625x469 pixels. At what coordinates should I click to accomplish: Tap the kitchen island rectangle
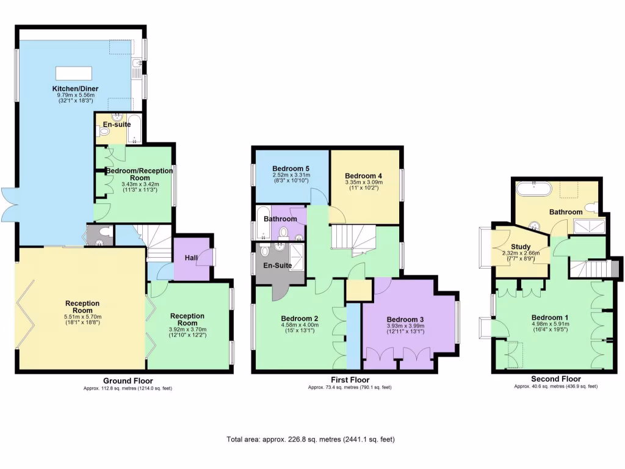pyautogui.click(x=74, y=73)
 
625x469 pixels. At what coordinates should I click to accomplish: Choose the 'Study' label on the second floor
pyautogui.click(x=521, y=247)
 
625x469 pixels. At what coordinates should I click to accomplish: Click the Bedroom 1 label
pyautogui.click(x=550, y=318)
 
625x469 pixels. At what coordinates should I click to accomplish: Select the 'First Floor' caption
pyautogui.click(x=350, y=380)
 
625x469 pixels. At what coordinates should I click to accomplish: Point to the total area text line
pyautogui.click(x=311, y=439)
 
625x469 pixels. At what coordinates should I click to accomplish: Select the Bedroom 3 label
pyautogui.click(x=405, y=319)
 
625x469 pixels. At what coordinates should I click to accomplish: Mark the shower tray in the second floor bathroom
pyautogui.click(x=589, y=227)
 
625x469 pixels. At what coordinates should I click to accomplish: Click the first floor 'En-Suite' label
pyautogui.click(x=277, y=266)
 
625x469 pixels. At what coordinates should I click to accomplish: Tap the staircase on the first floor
pyautogui.click(x=354, y=238)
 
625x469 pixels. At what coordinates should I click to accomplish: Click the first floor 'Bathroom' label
pyautogui.click(x=280, y=219)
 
